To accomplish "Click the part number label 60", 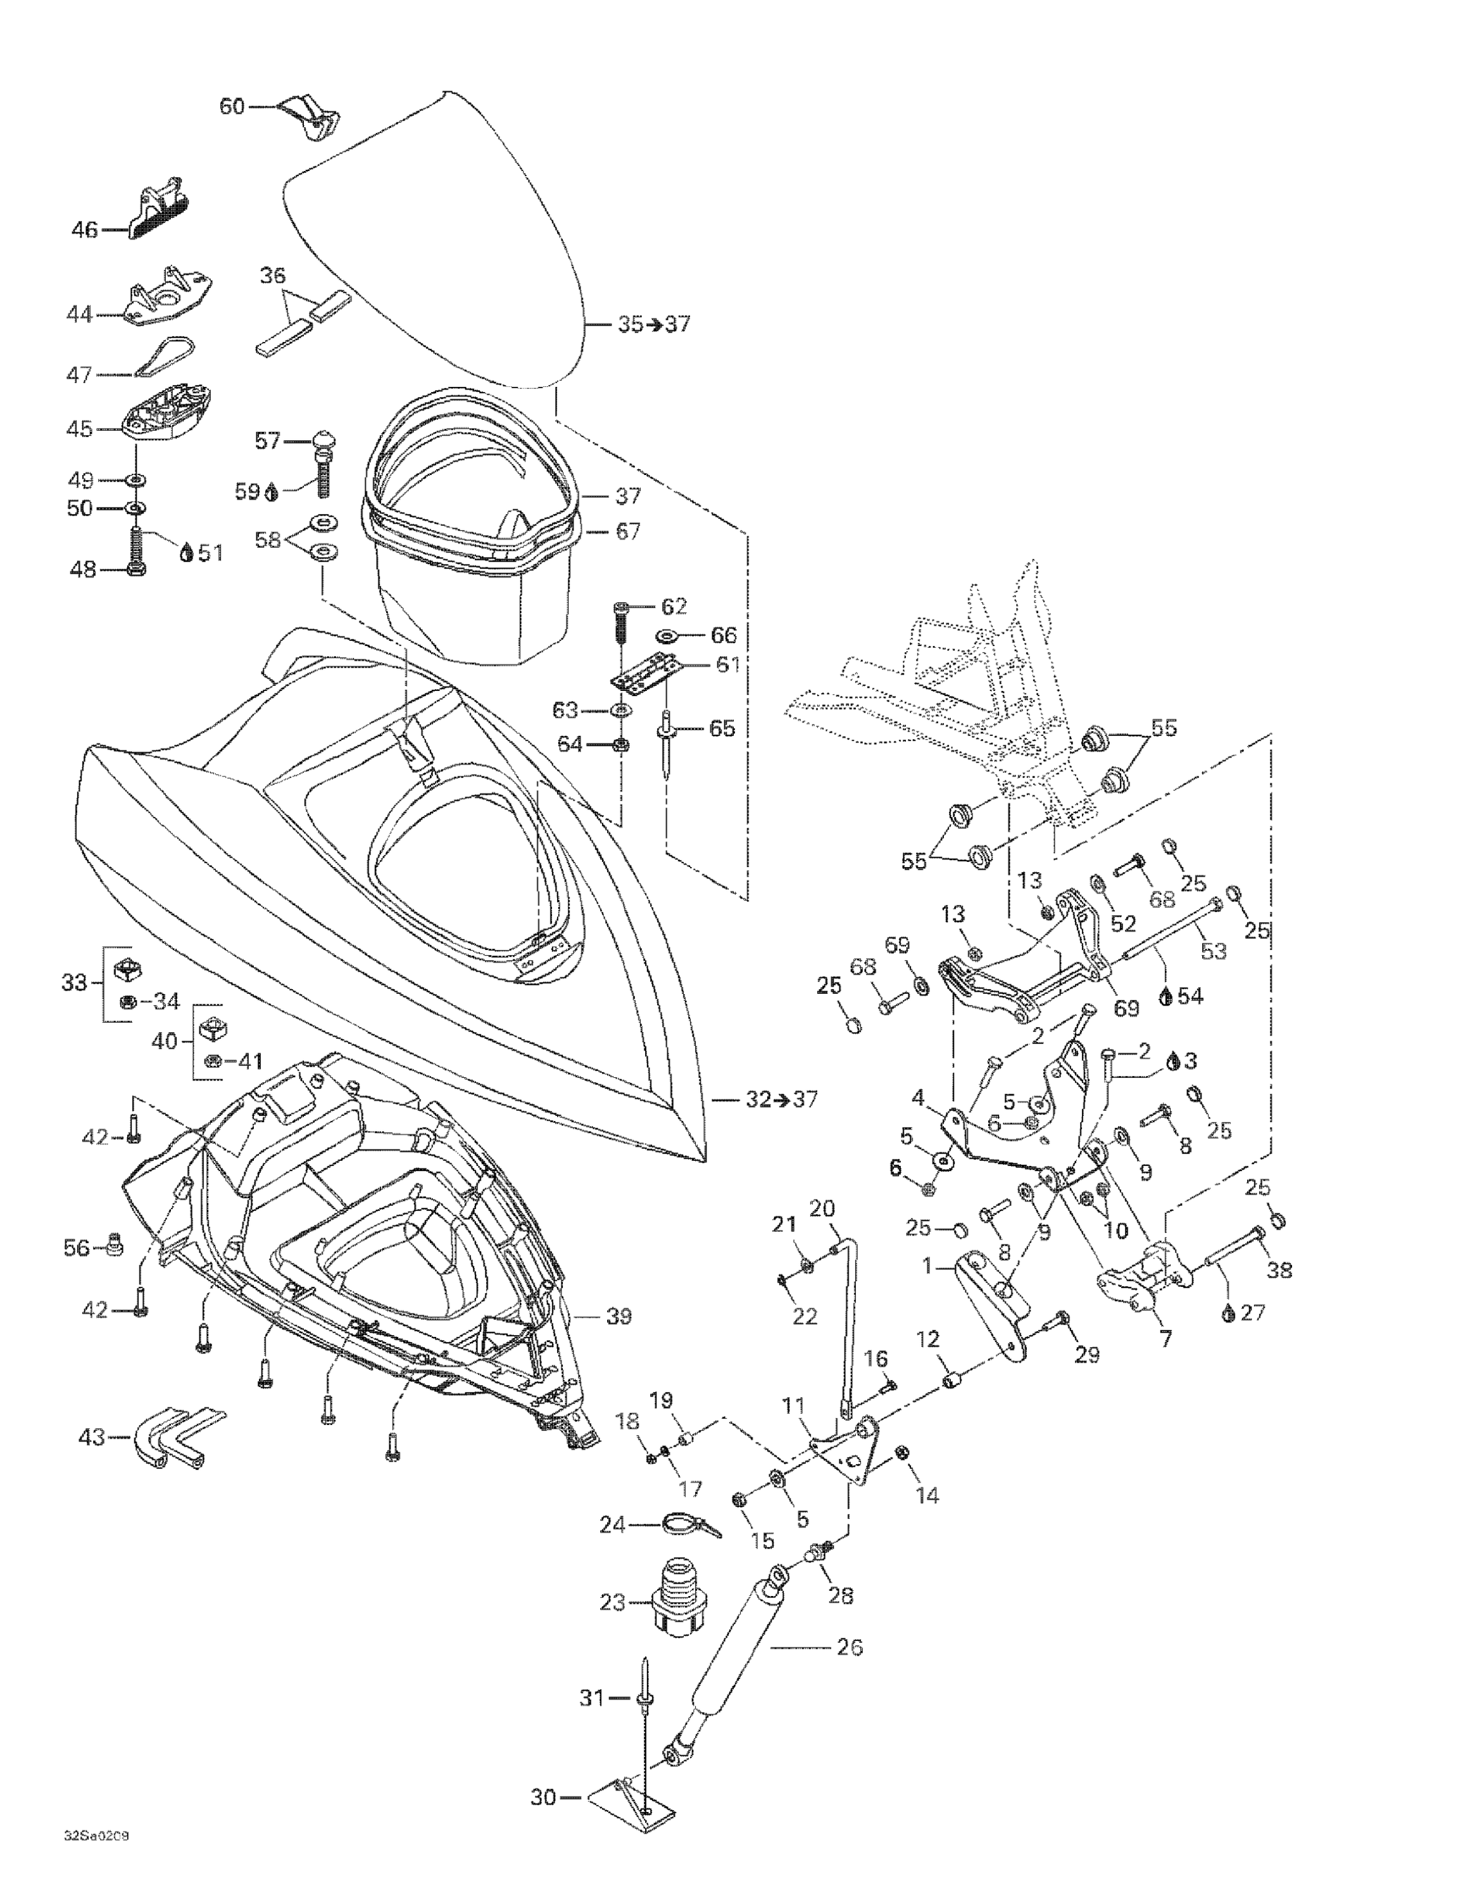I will point(231,107).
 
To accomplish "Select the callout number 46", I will point(84,231).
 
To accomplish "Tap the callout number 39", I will point(618,1316).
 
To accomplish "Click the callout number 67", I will point(628,531).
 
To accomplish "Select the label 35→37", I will point(654,324).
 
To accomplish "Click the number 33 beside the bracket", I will point(74,983).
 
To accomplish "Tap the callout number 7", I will point(1165,1339).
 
